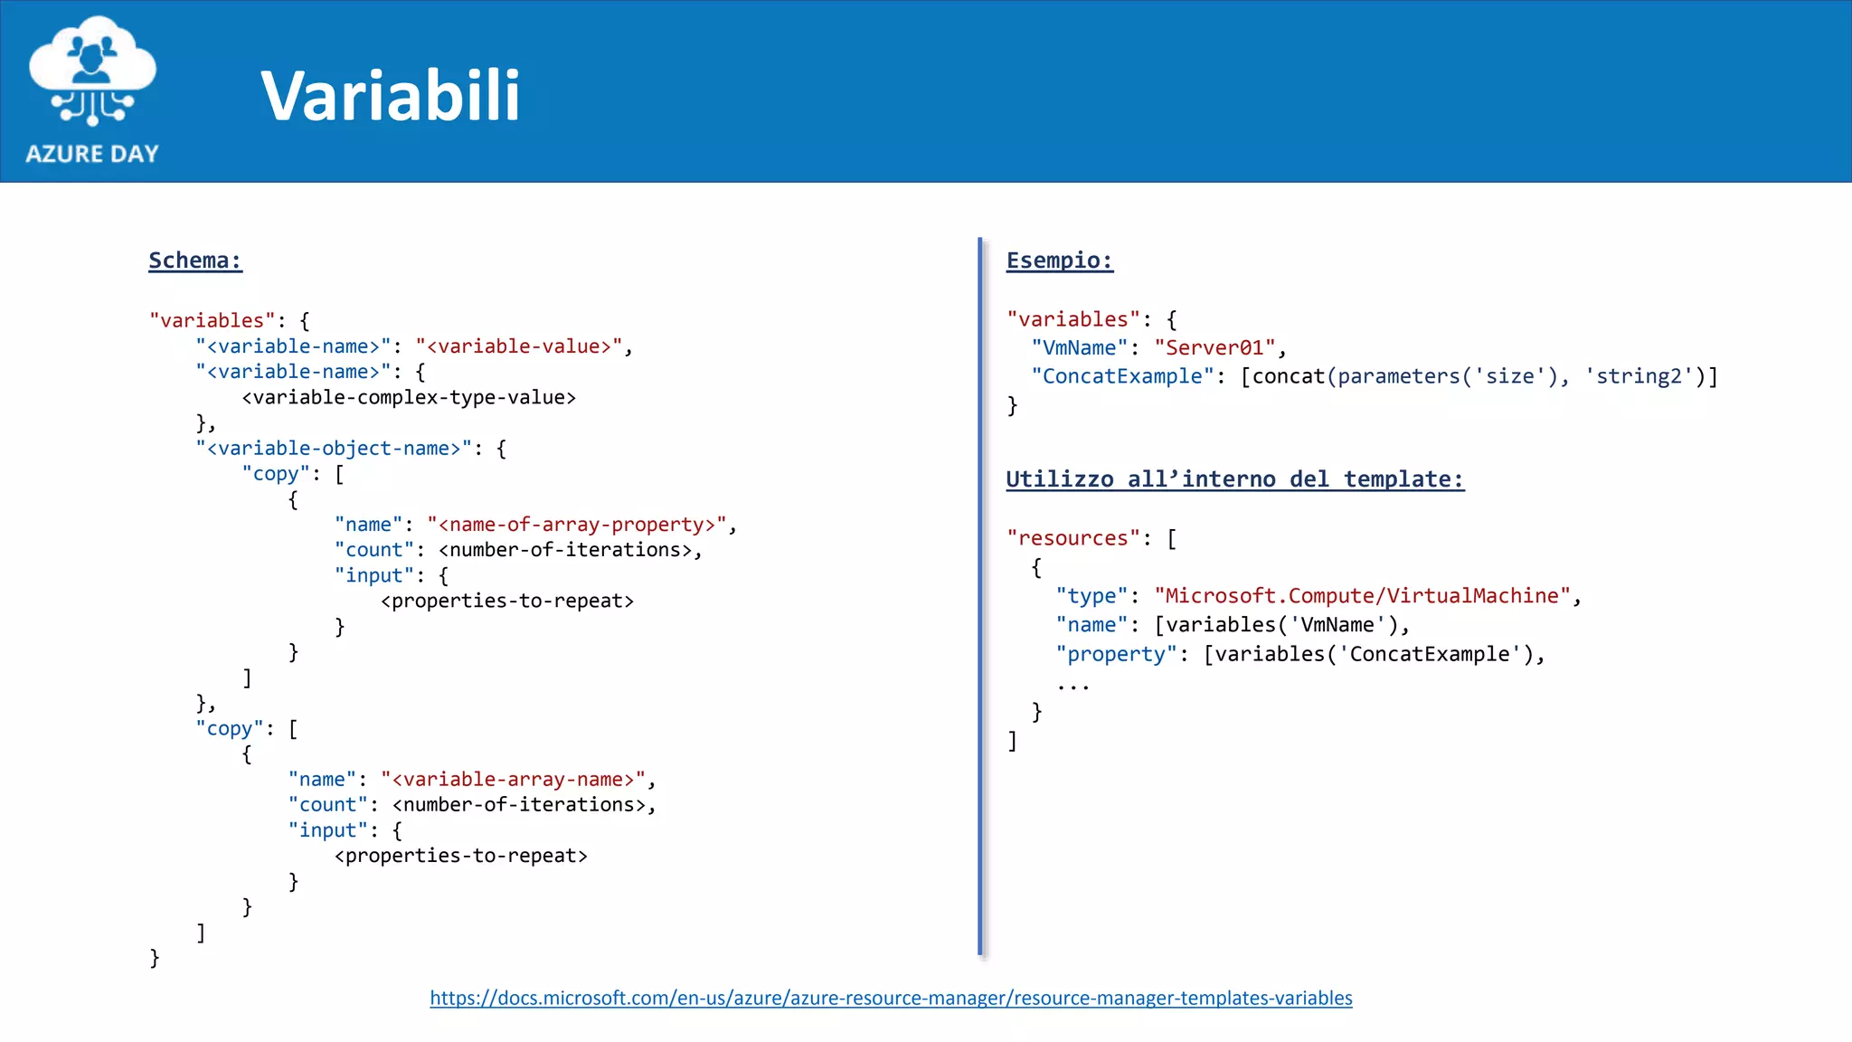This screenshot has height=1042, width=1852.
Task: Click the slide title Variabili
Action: pyautogui.click(x=391, y=95)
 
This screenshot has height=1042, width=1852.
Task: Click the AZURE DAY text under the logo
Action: pyautogui.click(x=92, y=154)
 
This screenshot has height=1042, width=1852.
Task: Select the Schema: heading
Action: pyautogui.click(x=195, y=260)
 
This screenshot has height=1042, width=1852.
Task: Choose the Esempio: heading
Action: pyautogui.click(x=1059, y=260)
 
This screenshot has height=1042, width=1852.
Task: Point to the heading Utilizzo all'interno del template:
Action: pyautogui.click(x=1234, y=479)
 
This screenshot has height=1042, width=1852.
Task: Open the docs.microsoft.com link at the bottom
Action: pyautogui.click(x=891, y=998)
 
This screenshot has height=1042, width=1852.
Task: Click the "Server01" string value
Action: pyautogui.click(x=1214, y=348)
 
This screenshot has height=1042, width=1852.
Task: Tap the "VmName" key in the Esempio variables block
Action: pyautogui.click(x=1079, y=348)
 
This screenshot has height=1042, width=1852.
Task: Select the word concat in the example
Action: pyautogui.click(x=1288, y=376)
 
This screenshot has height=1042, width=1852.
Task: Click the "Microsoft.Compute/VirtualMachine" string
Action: pyautogui.click(x=1363, y=596)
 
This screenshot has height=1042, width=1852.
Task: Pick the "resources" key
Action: pyautogui.click(x=1073, y=538)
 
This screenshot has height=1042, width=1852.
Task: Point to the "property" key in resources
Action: pyautogui.click(x=1117, y=654)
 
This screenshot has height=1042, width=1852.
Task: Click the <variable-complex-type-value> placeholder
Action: pyautogui.click(x=409, y=397)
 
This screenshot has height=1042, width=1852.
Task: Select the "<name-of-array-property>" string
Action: pyautogui.click(x=577, y=525)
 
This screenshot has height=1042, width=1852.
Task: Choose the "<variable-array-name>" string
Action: pyautogui.click(x=513, y=780)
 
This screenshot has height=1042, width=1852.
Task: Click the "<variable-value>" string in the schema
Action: pyautogui.click(x=518, y=346)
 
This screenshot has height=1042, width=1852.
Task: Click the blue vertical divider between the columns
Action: pyautogui.click(x=979, y=597)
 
